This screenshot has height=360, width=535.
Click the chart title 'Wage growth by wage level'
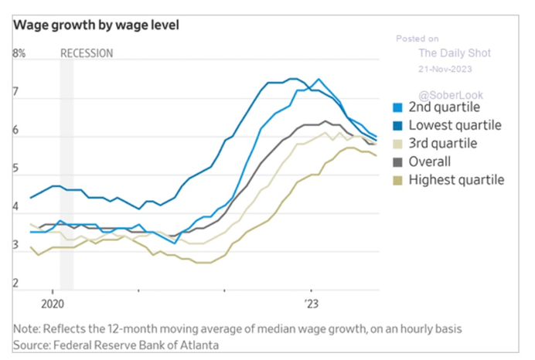(x=96, y=25)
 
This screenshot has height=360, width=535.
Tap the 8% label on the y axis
(x=19, y=53)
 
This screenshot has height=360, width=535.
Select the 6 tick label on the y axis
(x=15, y=131)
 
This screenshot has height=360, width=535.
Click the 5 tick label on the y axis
(x=15, y=169)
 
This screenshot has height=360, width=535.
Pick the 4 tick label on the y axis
(x=15, y=208)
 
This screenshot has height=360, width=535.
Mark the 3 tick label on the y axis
(x=15, y=246)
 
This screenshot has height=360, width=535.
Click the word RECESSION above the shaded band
(x=87, y=53)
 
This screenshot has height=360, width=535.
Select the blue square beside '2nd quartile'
(x=398, y=107)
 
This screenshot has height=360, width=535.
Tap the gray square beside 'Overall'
(x=398, y=162)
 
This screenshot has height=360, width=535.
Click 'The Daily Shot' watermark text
(x=455, y=53)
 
